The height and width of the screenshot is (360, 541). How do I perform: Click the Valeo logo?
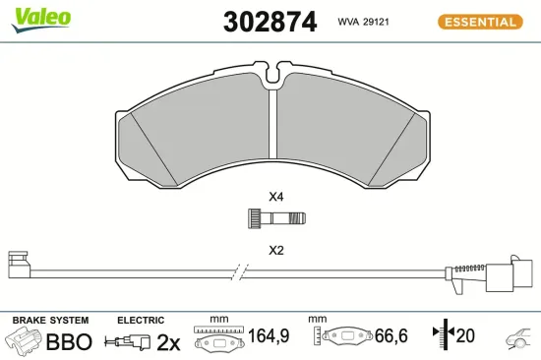[41, 18]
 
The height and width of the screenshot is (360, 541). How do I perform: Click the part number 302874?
[270, 21]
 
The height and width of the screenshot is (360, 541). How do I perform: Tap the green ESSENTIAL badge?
[478, 21]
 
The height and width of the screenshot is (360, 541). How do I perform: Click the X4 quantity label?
[276, 197]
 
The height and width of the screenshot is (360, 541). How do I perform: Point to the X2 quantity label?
[276, 250]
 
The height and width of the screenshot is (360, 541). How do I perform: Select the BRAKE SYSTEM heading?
[50, 321]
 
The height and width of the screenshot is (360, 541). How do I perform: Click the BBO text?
[69, 342]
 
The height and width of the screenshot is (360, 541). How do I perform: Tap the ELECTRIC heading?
[140, 321]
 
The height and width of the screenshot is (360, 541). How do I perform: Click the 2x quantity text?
[170, 342]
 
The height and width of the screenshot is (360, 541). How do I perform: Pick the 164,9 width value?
[269, 337]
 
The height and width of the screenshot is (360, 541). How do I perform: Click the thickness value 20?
[465, 337]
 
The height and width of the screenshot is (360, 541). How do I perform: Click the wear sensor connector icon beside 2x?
[133, 342]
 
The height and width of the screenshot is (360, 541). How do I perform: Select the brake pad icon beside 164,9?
[218, 341]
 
